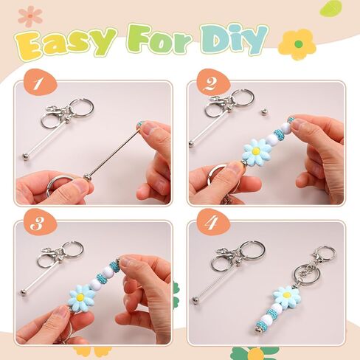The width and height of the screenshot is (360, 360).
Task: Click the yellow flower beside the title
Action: tap(297, 44)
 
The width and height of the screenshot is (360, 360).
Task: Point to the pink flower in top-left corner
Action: tap(30, 15)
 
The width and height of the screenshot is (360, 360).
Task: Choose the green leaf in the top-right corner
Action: tap(332, 8)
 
